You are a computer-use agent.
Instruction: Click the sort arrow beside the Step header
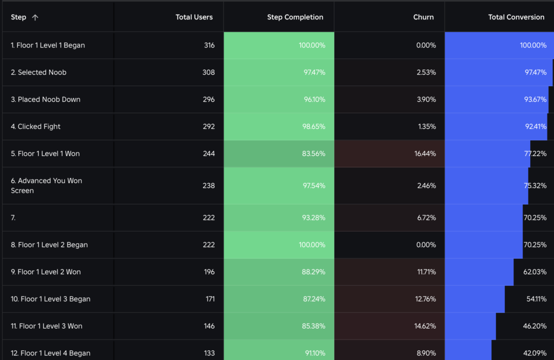(35, 17)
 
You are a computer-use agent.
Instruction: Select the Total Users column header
(194, 17)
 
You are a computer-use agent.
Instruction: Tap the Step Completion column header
(295, 17)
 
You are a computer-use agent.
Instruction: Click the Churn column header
(423, 17)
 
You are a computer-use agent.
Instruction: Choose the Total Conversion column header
(516, 17)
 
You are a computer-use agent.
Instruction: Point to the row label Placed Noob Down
(45, 100)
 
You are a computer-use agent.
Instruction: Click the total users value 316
(209, 45)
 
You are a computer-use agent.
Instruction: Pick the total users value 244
(209, 154)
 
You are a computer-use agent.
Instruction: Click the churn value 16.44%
(425, 154)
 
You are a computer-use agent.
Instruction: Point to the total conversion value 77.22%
(535, 154)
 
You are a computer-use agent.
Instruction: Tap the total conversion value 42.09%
(535, 354)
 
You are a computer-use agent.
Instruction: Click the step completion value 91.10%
(314, 354)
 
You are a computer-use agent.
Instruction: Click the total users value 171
(209, 299)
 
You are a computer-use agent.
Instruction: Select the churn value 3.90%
(426, 100)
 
